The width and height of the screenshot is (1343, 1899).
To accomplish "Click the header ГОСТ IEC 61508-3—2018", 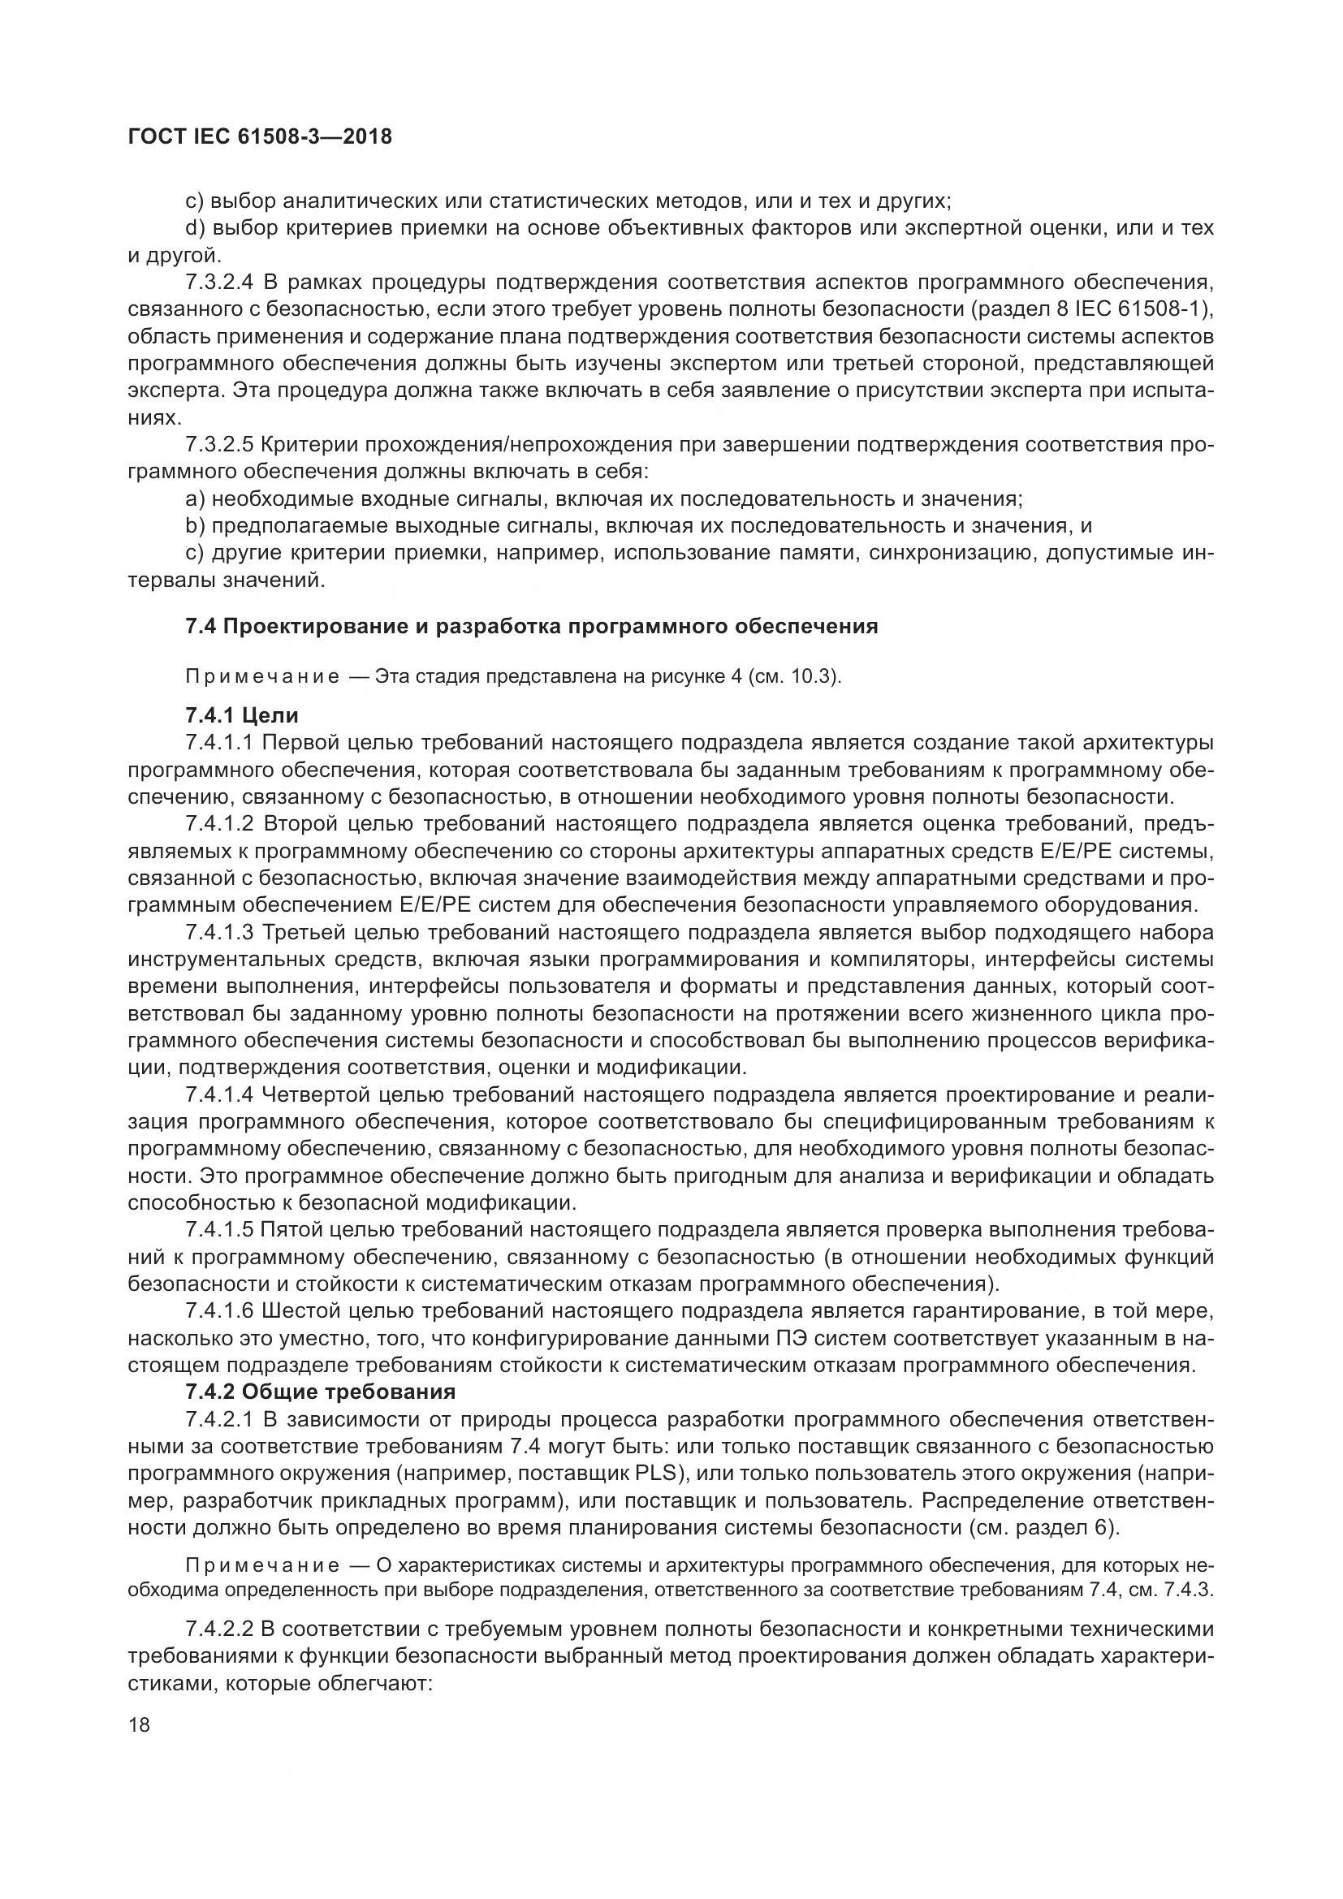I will tap(261, 137).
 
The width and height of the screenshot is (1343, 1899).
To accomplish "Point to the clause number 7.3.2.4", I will tap(219, 282).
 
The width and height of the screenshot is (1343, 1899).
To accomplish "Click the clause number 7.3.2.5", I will tap(219, 445).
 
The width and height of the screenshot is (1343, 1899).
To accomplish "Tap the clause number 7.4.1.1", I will tap(219, 743).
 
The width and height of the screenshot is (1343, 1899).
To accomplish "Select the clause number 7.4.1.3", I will tap(219, 933).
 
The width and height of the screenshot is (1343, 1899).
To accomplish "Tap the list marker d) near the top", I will tap(195, 228).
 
